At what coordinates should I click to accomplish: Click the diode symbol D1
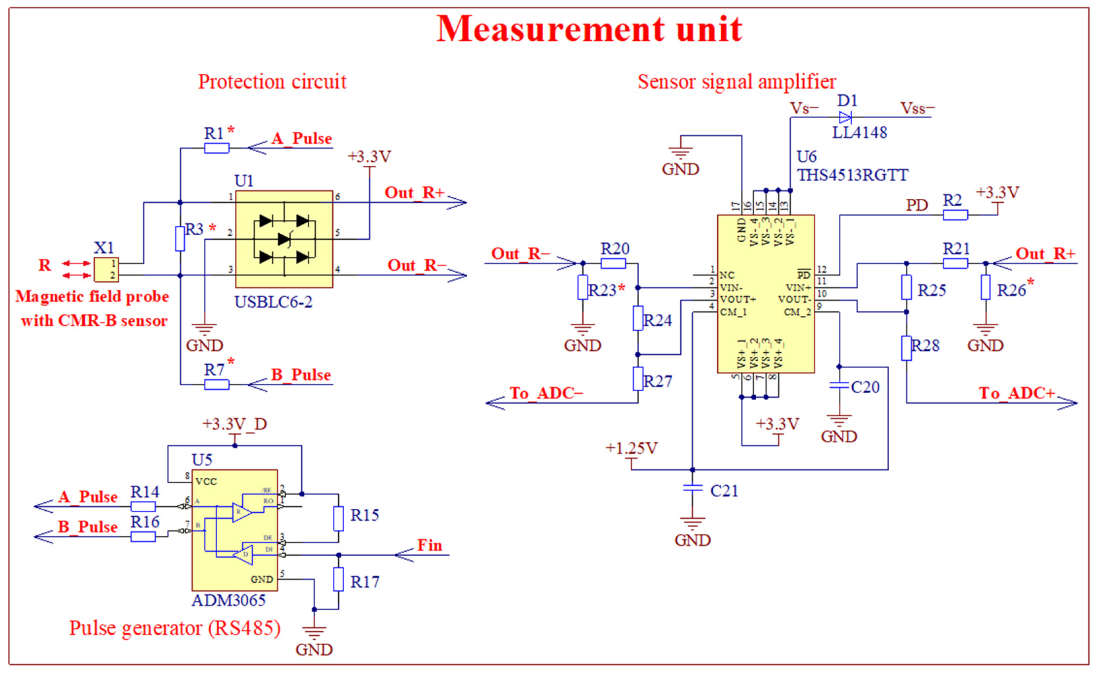coord(845,117)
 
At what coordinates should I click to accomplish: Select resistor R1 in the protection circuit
coord(216,148)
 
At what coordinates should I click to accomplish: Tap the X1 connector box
coord(106,269)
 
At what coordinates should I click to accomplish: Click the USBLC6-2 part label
coord(274,302)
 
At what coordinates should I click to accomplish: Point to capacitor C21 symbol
coord(692,488)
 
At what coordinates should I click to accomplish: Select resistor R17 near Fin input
coord(338,579)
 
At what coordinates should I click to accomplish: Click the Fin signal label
coord(429,546)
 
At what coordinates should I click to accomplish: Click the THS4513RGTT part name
coord(852,175)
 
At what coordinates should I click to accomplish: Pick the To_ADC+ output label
coord(1017,393)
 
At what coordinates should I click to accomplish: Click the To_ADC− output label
coord(546,393)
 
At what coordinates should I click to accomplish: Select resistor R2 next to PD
coord(955,215)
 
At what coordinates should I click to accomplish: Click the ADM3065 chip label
coord(229,601)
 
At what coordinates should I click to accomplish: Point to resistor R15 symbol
coord(338,519)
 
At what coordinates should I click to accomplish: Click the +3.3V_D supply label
coord(234,424)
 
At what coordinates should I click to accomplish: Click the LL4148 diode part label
coord(859,133)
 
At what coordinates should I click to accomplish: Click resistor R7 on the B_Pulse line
coord(216,384)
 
